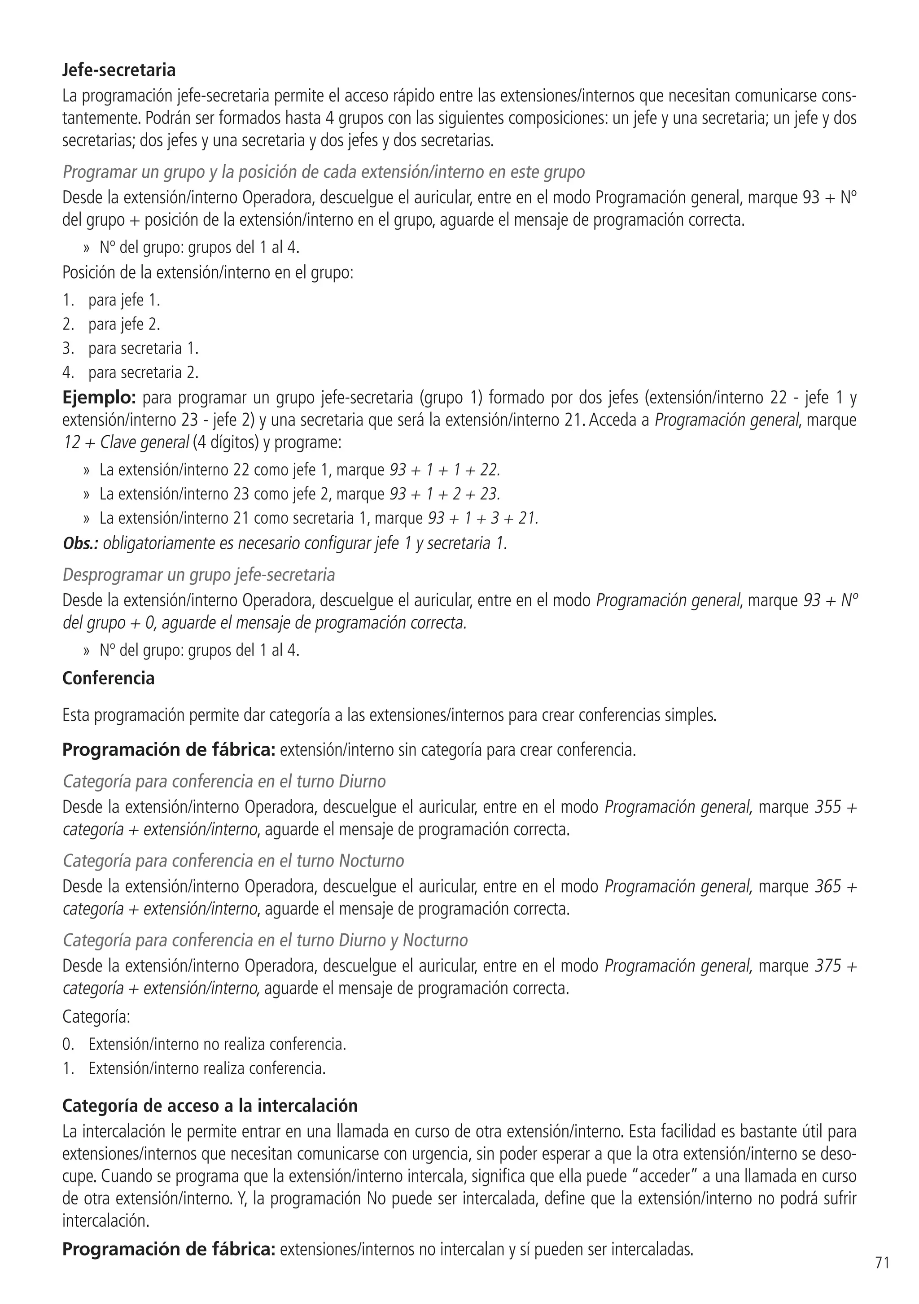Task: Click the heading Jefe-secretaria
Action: pos(119,70)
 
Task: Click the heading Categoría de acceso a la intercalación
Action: pos(210,1106)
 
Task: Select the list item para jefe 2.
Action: pos(124,324)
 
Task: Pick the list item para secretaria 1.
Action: pos(143,348)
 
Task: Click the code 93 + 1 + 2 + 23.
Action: pos(445,494)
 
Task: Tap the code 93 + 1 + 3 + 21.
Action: pos(483,518)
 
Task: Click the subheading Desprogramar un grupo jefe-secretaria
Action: pos(199,575)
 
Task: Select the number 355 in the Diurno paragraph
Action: pos(827,807)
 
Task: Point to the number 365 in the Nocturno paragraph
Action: pos(827,887)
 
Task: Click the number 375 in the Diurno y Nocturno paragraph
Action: pos(827,966)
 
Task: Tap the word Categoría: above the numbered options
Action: pos(96,1017)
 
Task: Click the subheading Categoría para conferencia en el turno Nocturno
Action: pos(233,861)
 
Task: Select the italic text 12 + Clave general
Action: pos(126,442)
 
